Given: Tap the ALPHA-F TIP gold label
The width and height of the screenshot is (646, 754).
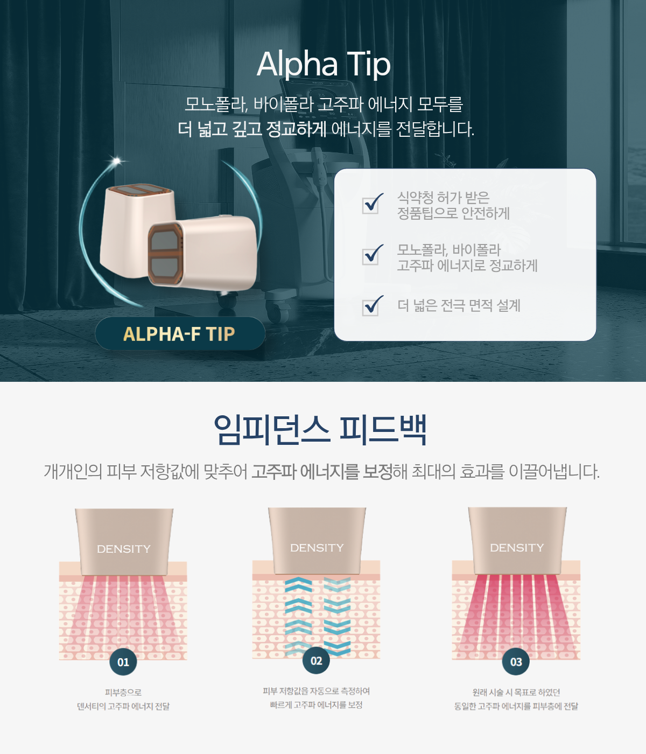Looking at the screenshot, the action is (x=179, y=334).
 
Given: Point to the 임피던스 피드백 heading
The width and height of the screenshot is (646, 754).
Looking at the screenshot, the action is (x=320, y=430).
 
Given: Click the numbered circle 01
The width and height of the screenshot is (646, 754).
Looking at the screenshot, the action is (x=123, y=662).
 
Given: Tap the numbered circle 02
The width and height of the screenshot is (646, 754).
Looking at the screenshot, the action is (x=316, y=661).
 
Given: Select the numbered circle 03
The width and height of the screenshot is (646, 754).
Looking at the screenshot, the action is (x=516, y=662).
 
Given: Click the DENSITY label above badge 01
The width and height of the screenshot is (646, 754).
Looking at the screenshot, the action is (x=124, y=549).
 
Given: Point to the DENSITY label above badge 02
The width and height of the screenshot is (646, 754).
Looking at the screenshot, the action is (x=317, y=548).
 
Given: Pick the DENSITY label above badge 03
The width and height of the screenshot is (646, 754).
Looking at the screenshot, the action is (x=517, y=548).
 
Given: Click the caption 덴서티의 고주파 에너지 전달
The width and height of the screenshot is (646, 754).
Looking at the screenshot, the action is (x=123, y=707).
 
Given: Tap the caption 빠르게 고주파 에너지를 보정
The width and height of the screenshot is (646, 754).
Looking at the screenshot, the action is (x=316, y=705).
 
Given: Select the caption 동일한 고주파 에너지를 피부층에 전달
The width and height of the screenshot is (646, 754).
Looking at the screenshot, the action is (x=516, y=707).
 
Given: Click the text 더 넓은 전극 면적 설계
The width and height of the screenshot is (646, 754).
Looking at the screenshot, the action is (x=459, y=306).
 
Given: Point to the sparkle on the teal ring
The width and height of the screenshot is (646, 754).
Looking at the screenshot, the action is (x=117, y=160).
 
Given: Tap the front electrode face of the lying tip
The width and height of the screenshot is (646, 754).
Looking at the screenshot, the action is (x=165, y=254).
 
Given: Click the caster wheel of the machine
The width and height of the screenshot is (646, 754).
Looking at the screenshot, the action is (x=275, y=312).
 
